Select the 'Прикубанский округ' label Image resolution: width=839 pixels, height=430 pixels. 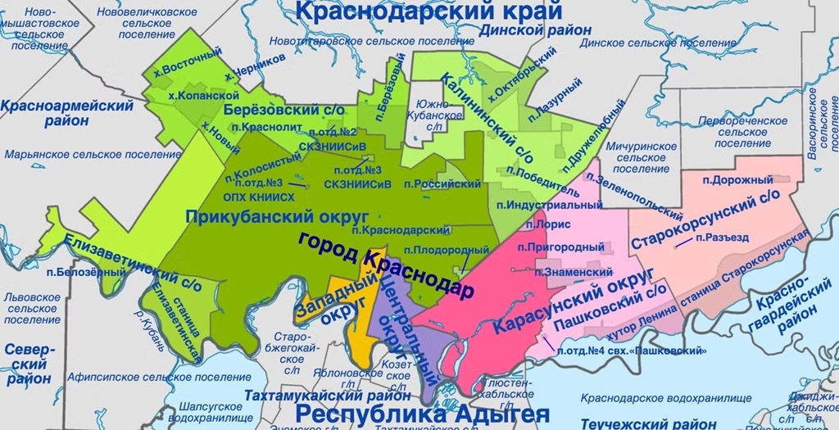(252, 217)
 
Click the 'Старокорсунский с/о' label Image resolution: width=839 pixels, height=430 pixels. (705, 220)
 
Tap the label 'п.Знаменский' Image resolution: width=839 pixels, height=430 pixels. (575, 272)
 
